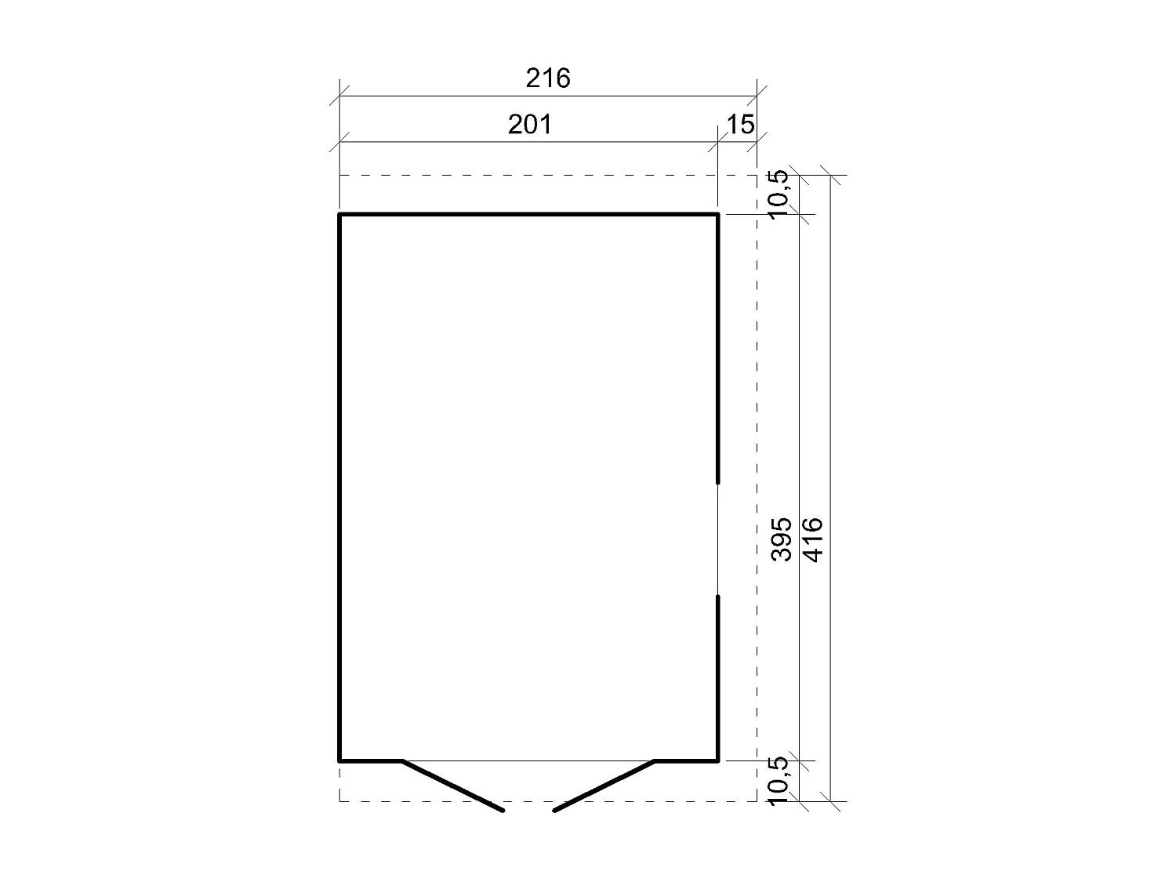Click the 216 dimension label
pos(548,78)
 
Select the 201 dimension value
pos(530,124)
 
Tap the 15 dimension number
pos(740,124)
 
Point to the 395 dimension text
pos(782,539)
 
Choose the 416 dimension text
pos(813,539)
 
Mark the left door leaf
pos(452,786)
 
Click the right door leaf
pos(604,786)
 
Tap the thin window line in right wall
pos(717,539)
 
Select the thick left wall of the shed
pos(339,486)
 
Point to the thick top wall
pos(528,213)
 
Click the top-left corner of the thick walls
pos(339,213)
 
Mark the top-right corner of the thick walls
pos(717,213)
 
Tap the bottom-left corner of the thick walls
pos(339,760)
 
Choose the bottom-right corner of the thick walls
pos(717,760)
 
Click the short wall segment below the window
pos(717,678)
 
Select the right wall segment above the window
pos(717,345)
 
